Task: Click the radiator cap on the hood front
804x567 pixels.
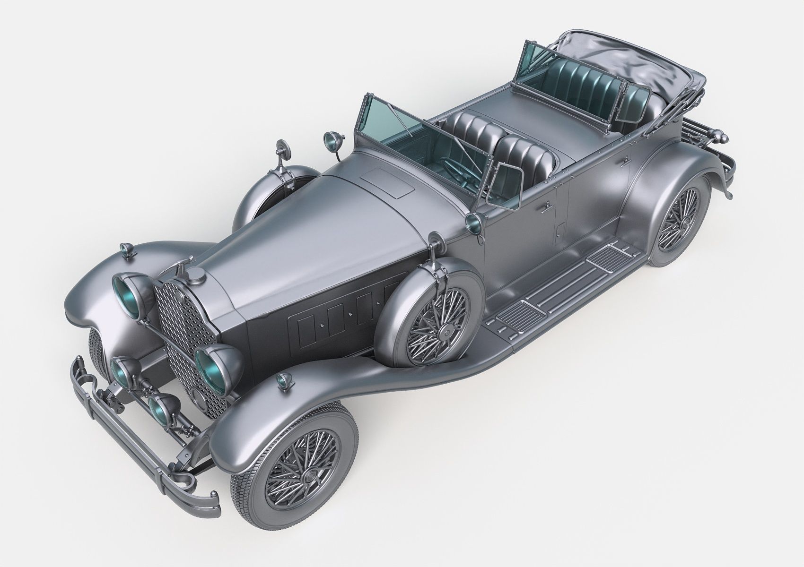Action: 197,275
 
